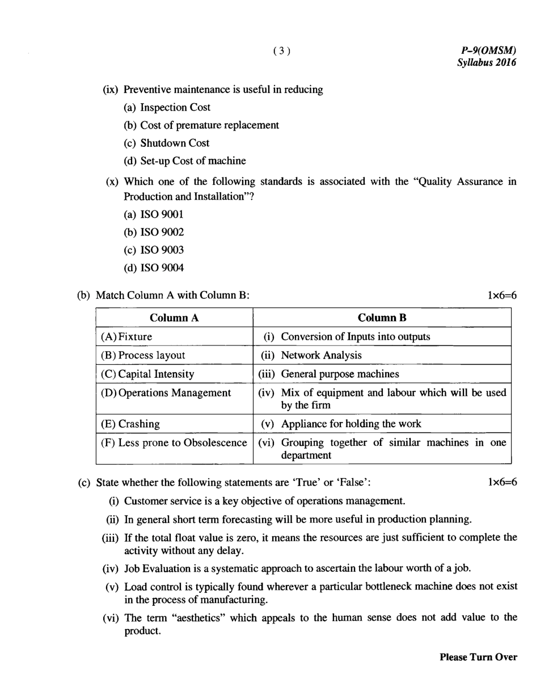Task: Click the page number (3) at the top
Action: pos(281,51)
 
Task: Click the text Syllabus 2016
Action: pos(487,63)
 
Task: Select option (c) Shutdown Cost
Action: pos(166,143)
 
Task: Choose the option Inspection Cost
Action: pos(167,107)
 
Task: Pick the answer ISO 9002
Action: pos(154,232)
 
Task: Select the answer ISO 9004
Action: pos(154,268)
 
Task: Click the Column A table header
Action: pos(174,318)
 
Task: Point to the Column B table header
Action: pos(382,318)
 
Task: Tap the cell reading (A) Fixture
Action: pos(126,337)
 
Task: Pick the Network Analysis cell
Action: pos(321,356)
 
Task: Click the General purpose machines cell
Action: pos(340,374)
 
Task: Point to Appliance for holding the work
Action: pos(351,424)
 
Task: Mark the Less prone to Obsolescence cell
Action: pos(174,442)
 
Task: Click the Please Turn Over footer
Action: pos(478,657)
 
